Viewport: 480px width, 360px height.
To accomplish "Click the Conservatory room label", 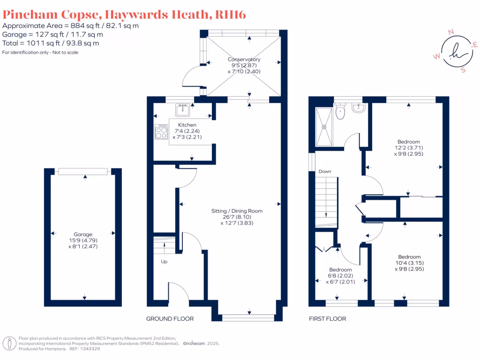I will [x=244, y=60].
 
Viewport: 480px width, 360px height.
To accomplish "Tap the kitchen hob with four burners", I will [x=161, y=131].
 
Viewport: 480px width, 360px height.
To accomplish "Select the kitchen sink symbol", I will [x=183, y=110].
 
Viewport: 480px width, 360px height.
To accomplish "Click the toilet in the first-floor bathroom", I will [x=341, y=111].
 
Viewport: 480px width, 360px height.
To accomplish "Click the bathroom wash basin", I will [x=358, y=109].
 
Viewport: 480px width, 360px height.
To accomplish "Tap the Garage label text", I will [x=83, y=234].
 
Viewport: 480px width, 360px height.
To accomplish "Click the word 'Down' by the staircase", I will [x=325, y=172].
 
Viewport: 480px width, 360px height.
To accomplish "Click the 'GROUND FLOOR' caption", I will [x=170, y=319].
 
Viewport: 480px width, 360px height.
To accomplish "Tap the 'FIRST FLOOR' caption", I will [x=327, y=319].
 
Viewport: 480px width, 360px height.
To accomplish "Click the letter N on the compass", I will [x=451, y=32].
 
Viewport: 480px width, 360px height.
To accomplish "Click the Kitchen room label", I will [x=187, y=125].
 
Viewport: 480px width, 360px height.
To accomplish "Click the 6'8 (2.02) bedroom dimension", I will [x=340, y=276].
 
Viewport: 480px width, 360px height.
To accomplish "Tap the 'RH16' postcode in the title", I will [x=230, y=15].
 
